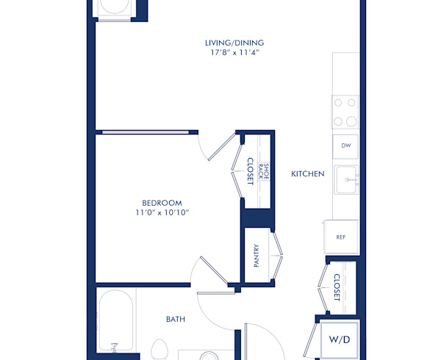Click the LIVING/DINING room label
click(x=234, y=43)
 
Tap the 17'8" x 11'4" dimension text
click(x=234, y=53)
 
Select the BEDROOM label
click(x=162, y=203)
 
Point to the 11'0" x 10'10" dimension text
click(x=162, y=213)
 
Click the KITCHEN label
click(x=307, y=174)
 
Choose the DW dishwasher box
click(x=345, y=146)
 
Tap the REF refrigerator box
click(x=341, y=237)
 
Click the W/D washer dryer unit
click(x=340, y=340)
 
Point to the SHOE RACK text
click(x=266, y=173)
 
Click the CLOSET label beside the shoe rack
click(x=250, y=171)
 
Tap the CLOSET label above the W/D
click(x=337, y=287)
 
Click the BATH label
click(x=175, y=319)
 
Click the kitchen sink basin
click(x=346, y=179)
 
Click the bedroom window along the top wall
click(x=146, y=133)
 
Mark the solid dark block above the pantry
click(x=257, y=218)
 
